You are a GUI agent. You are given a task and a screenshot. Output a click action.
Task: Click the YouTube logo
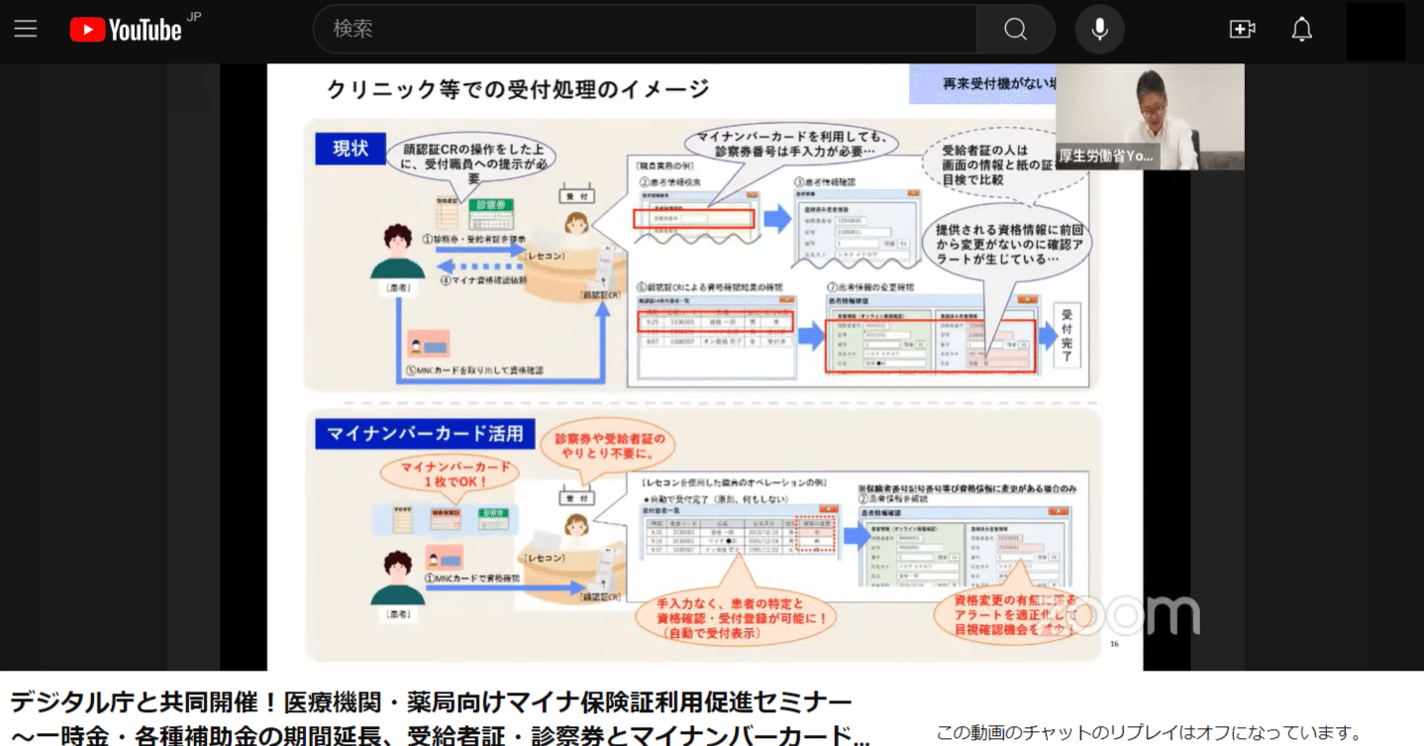pos(126,30)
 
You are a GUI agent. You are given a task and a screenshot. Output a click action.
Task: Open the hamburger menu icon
pos(26,29)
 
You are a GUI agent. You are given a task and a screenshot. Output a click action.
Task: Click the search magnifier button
pos(1015,30)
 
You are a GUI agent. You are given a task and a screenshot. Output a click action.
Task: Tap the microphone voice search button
pos(1099,30)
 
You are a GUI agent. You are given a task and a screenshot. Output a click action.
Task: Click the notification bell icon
pos(1302,30)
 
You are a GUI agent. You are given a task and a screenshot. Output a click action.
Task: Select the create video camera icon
pos(1242,30)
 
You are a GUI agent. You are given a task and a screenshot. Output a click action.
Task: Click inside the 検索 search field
pos(644,30)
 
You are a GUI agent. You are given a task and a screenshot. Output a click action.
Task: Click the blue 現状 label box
pos(350,149)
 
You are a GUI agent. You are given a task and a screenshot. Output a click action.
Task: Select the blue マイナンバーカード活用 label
pos(426,434)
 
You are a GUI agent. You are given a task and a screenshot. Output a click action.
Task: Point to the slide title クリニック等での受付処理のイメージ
pos(518,89)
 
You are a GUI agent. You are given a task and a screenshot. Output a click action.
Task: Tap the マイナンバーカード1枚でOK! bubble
pos(442,475)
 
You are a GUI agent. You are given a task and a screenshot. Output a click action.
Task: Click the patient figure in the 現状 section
pos(397,253)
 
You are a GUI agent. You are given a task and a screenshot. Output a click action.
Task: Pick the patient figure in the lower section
pos(397,579)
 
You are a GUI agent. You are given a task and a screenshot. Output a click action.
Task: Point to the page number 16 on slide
pos(1114,644)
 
